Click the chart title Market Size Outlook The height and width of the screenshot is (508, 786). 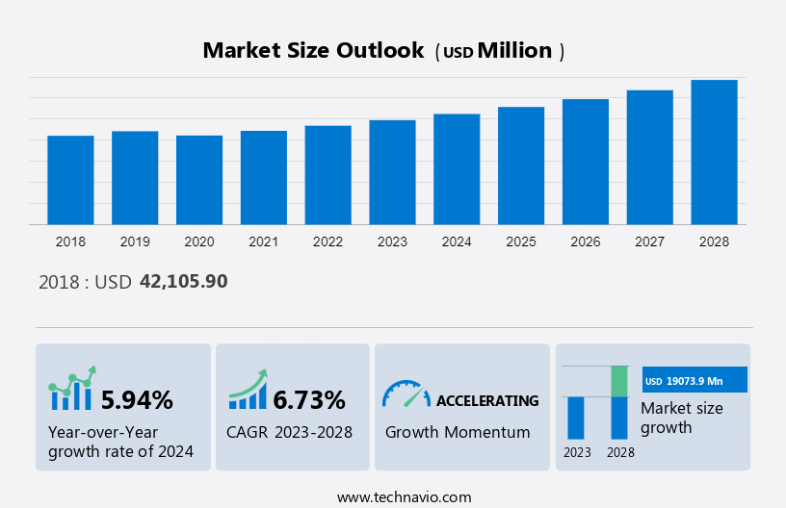tap(313, 51)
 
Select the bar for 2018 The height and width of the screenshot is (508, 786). tap(70, 180)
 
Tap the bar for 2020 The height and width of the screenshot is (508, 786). tap(199, 180)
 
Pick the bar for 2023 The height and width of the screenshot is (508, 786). tap(392, 172)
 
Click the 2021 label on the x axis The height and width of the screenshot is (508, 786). tap(264, 241)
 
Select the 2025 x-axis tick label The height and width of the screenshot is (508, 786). tap(521, 241)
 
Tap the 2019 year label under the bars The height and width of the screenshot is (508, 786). tap(135, 241)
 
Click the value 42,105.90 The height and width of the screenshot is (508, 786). tap(184, 281)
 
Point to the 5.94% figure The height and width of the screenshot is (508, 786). tap(137, 399)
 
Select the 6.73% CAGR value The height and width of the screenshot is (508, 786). tap(309, 399)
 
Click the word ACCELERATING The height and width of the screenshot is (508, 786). tap(487, 400)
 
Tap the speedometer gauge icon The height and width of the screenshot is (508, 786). tap(406, 393)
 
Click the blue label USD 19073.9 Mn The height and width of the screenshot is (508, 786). tap(694, 380)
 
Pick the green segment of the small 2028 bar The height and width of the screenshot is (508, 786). tap(619, 381)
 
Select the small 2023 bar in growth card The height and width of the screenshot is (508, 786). tap(576, 418)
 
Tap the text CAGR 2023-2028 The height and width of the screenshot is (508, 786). tap(289, 432)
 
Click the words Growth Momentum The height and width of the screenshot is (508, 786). tap(458, 432)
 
